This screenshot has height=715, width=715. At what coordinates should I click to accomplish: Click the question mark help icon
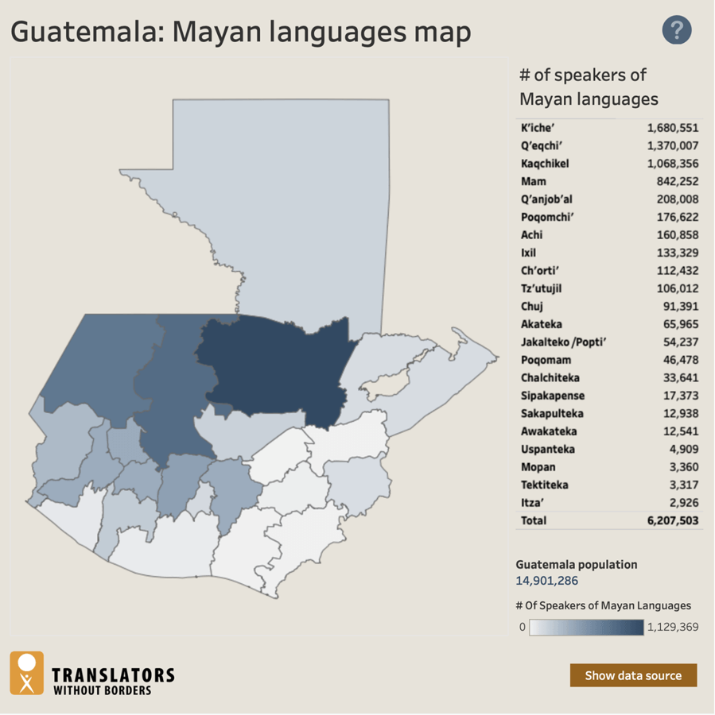pos(677,31)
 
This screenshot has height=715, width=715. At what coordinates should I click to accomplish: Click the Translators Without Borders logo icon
pos(27,673)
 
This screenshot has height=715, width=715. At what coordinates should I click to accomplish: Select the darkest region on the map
pos(274,365)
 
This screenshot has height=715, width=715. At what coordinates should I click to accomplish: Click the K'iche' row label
pos(537,128)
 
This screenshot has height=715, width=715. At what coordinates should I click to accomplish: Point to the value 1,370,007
pos(672,146)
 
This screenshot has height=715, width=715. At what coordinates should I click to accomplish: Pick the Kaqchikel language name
pos(545,164)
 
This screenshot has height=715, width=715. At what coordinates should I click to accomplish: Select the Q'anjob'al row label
pos(546,199)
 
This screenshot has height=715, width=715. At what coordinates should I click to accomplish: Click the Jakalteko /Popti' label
pos(558,342)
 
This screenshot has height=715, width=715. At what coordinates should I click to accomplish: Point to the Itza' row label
pos(533,502)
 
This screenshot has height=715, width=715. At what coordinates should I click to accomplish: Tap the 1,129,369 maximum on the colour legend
pos(674,627)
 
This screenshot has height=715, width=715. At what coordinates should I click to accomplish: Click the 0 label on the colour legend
pos(523,627)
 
